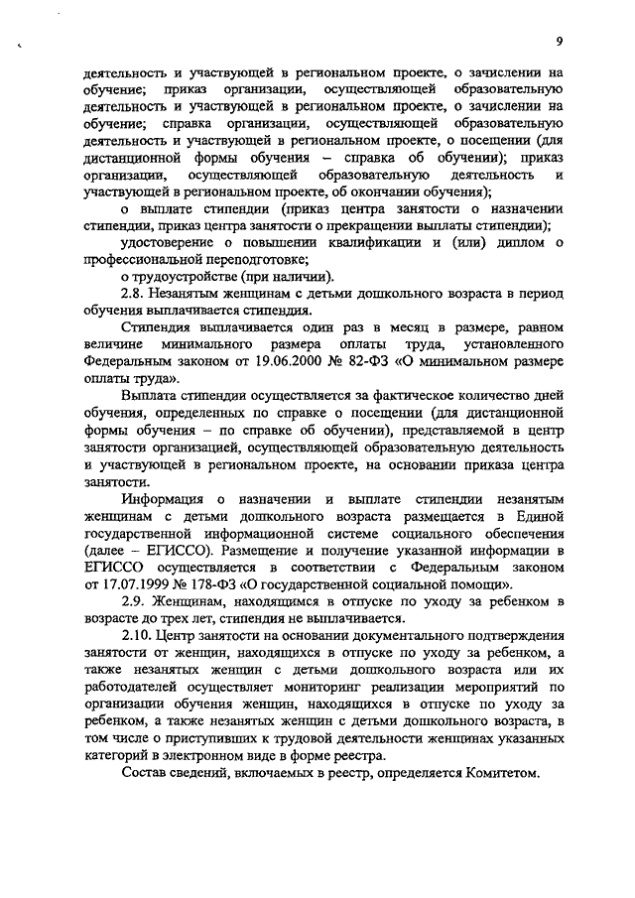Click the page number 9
(560, 41)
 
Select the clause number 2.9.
(135, 602)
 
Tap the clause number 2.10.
(138, 636)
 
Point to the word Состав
(145, 774)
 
